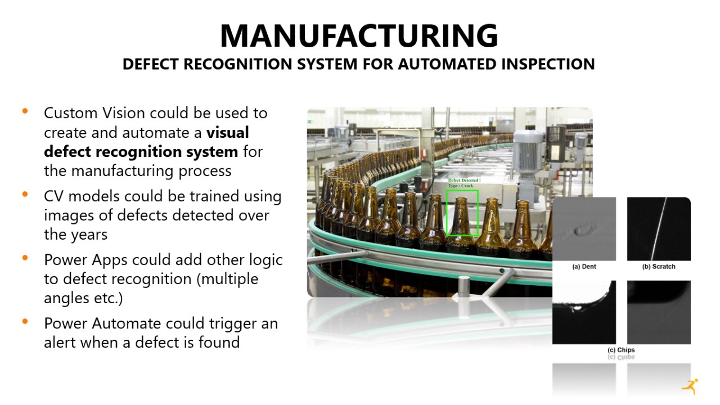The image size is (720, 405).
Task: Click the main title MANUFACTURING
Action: (x=359, y=35)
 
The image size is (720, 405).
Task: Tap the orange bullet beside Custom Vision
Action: (x=25, y=111)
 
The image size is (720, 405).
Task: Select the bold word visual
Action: (x=228, y=132)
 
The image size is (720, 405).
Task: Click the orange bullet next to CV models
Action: (x=25, y=194)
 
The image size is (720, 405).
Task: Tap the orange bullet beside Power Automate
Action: (x=25, y=321)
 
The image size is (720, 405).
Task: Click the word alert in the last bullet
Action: (x=60, y=343)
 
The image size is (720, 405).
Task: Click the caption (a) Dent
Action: (x=584, y=267)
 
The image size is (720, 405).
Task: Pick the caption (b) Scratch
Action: (x=659, y=267)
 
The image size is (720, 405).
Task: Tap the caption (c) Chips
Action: (x=621, y=350)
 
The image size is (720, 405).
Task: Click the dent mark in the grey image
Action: (x=582, y=229)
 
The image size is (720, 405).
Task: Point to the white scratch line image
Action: (x=659, y=229)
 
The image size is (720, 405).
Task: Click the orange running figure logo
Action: (x=690, y=386)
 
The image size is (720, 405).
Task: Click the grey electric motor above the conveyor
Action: (x=528, y=151)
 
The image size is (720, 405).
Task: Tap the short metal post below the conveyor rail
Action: (x=463, y=286)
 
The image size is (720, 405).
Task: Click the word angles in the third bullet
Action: (x=66, y=299)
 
